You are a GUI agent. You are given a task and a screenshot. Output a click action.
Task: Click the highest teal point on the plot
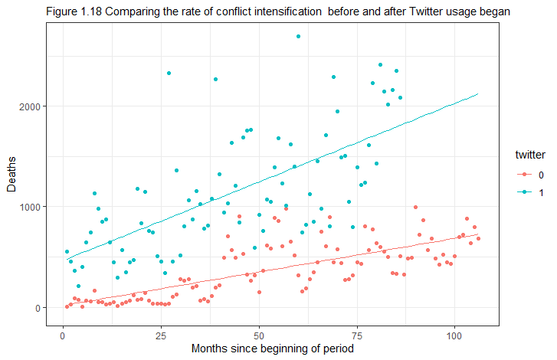tap(298, 36)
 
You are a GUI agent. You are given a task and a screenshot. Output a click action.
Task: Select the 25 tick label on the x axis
tap(161, 335)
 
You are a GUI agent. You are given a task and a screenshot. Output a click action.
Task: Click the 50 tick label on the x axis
tap(259, 335)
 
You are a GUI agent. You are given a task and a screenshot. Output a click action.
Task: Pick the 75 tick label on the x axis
tap(357, 335)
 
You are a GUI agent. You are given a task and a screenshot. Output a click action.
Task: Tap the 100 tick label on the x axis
tap(455, 335)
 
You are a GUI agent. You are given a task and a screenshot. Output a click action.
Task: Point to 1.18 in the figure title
tap(92, 12)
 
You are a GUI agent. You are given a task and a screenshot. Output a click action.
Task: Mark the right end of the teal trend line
tap(478, 93)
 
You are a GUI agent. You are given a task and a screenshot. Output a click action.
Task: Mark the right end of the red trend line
tap(478, 234)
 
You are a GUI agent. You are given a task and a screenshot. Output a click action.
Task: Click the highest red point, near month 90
tap(415, 207)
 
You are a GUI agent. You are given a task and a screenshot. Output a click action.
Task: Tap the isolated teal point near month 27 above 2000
tap(169, 74)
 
